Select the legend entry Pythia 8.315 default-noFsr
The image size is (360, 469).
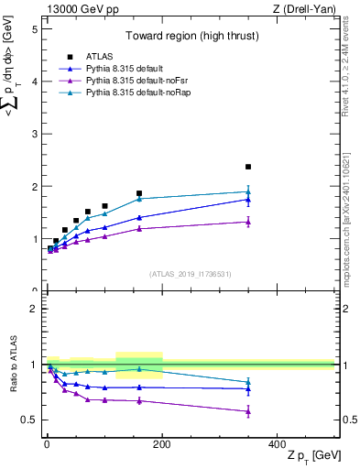(x=125, y=81)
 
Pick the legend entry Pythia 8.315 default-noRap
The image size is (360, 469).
(x=127, y=93)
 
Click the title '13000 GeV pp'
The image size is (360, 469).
(x=75, y=8)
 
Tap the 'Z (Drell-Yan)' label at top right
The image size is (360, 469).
(x=305, y=8)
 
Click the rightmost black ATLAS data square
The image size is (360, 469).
(x=248, y=167)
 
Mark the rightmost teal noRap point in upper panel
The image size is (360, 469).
(x=248, y=192)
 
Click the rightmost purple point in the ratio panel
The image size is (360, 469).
(x=248, y=411)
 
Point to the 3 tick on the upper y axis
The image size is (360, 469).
(x=36, y=134)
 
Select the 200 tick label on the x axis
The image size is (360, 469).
(x=161, y=443)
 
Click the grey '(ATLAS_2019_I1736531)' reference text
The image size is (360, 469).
(x=190, y=274)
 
